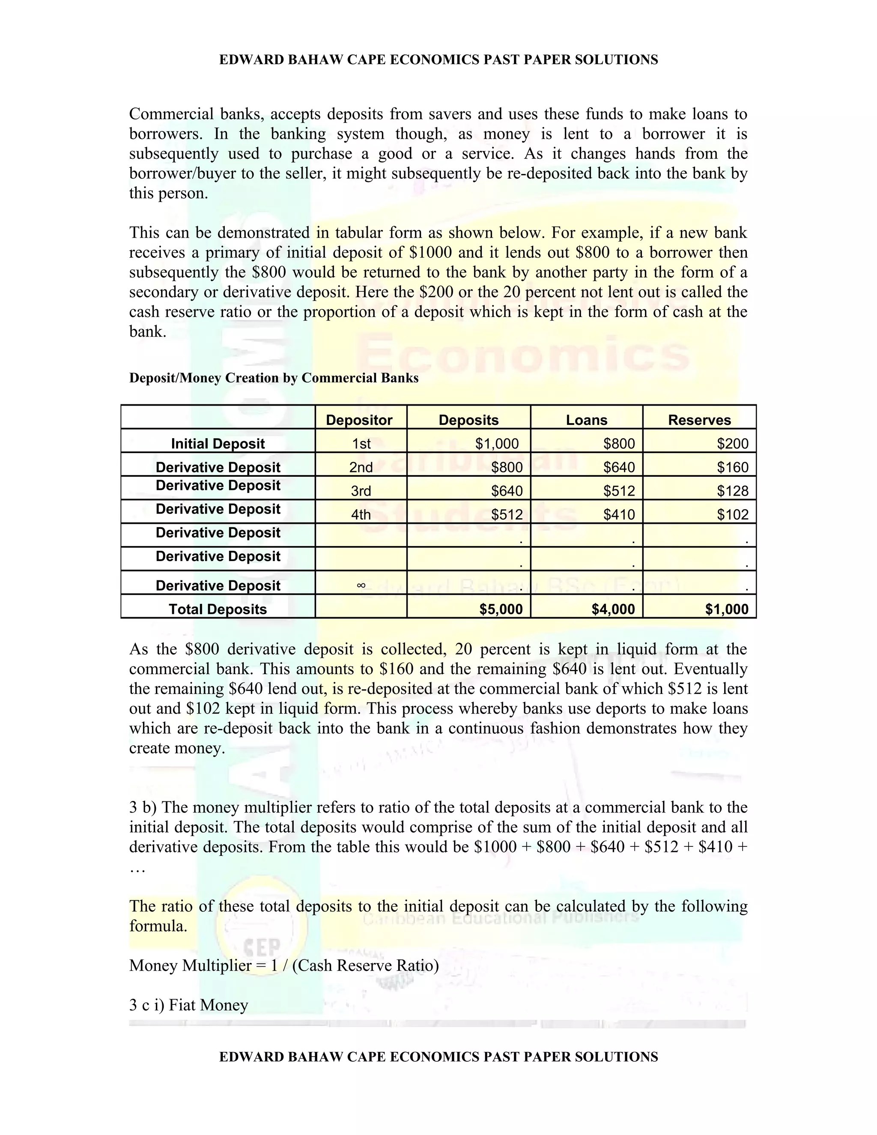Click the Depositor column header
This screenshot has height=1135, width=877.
point(359,420)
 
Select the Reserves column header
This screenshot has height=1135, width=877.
point(699,420)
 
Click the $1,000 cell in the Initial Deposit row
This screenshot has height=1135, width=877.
point(497,443)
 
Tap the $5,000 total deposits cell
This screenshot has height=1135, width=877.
point(501,609)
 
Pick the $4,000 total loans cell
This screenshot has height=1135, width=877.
point(613,609)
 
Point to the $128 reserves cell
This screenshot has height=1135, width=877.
point(733,490)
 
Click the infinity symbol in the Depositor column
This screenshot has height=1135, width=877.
point(361,585)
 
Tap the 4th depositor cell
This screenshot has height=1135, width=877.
point(361,514)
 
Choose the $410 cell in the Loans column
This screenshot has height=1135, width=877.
point(619,514)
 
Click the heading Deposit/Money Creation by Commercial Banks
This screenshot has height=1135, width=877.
point(274,378)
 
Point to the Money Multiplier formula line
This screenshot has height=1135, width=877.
point(283,965)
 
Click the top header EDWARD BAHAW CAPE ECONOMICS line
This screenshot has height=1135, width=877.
point(438,60)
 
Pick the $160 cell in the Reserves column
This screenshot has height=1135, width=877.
point(733,467)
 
